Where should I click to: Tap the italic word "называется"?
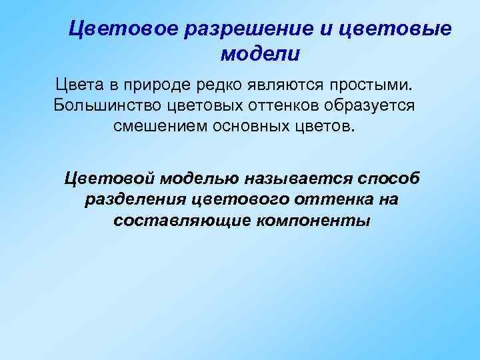[297, 179]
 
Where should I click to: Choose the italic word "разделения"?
[136, 200]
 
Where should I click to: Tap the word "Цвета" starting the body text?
[77, 86]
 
